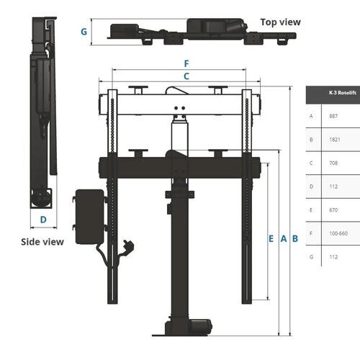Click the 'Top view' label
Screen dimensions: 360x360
point(280,22)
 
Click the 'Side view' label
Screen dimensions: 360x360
point(42,241)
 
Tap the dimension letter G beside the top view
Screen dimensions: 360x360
point(84,32)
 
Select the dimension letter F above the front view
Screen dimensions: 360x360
point(186,63)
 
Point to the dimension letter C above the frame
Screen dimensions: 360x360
point(186,76)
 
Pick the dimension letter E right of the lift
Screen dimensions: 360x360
point(271,238)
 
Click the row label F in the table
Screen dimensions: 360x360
point(311,233)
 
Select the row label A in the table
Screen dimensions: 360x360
point(311,116)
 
